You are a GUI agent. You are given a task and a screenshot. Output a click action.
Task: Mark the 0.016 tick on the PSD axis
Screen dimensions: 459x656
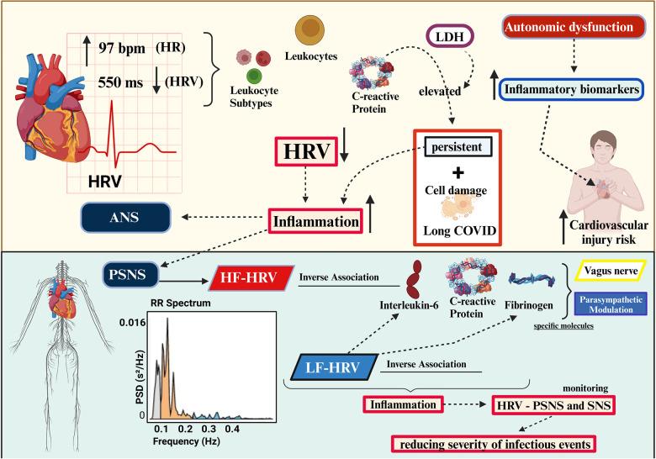(133, 322)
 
